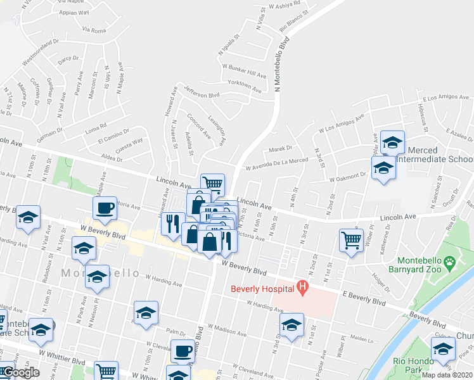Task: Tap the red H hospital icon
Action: coord(302,288)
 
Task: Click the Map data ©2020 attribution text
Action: coord(447,375)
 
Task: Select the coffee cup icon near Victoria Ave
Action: coord(105,208)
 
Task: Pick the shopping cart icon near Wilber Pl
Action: coord(351,240)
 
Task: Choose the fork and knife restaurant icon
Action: coord(172,223)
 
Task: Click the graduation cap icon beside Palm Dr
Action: coord(146,313)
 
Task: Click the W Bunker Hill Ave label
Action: coord(244,70)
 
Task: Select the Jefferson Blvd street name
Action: coord(201,92)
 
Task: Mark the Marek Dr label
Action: coord(279,148)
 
